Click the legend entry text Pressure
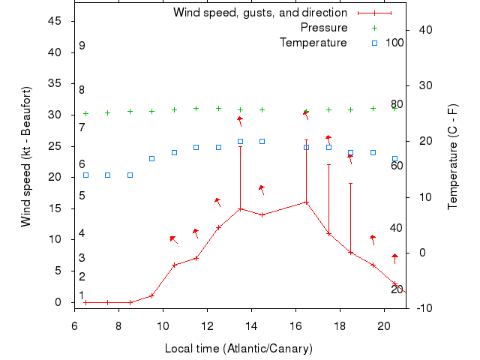click(x=324, y=28)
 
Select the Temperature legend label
click(x=313, y=43)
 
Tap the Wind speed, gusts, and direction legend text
click(x=259, y=13)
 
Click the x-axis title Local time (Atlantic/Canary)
click(x=238, y=349)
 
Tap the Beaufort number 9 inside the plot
click(x=82, y=46)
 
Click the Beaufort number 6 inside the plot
click(x=82, y=164)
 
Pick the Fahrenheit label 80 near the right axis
click(x=397, y=104)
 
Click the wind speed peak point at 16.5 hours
click(x=306, y=202)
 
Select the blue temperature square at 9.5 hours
click(x=151, y=158)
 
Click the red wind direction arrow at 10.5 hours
click(x=173, y=239)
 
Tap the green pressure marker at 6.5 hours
click(x=85, y=114)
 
